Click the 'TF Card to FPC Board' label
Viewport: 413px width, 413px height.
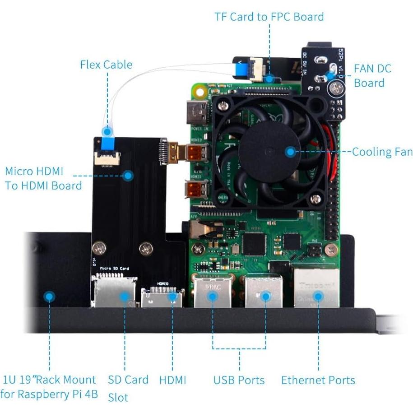pos(269,17)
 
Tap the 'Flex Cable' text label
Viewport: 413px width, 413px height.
pos(106,65)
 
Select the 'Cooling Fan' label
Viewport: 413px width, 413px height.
pos(382,152)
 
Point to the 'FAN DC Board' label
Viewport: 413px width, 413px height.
pos(372,76)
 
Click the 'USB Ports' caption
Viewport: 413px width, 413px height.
pos(239,380)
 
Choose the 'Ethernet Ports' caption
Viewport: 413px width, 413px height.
pos(318,380)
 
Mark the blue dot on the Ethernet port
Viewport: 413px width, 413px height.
pos(318,297)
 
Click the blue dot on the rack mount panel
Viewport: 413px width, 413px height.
pos(49,297)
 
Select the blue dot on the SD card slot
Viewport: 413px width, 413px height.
pos(124,297)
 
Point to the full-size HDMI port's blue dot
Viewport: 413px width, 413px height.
pos(172,297)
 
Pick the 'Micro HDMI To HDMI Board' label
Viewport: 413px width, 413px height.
pos(43,178)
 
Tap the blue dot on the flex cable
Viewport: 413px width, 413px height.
pos(107,132)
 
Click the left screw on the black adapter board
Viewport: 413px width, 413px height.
pos(99,248)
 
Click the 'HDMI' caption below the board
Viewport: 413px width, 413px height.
pos(172,380)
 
